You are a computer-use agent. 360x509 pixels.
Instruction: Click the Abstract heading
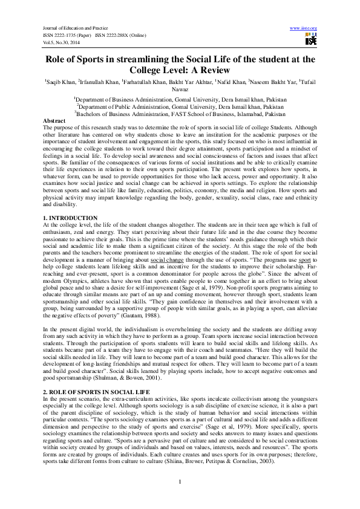pos(55,120)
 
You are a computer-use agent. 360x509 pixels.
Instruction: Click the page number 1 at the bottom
pos(180,481)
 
